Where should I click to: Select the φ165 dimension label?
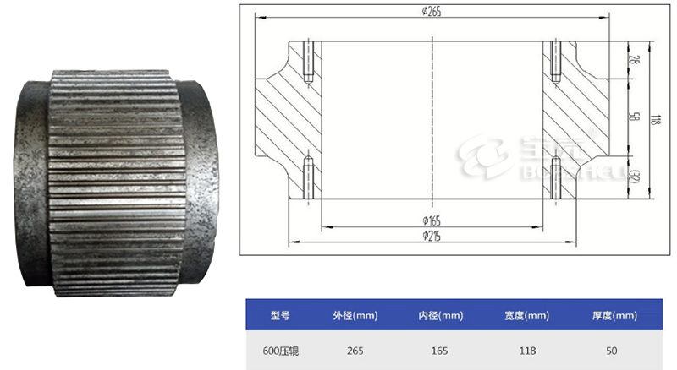(x=432, y=220)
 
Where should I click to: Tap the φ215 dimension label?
(x=432, y=236)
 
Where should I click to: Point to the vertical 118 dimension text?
(x=653, y=120)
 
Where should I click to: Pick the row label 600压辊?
(x=280, y=350)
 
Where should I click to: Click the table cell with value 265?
(x=355, y=350)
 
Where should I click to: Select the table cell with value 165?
(x=441, y=350)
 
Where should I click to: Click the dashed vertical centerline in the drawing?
(x=432, y=118)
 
